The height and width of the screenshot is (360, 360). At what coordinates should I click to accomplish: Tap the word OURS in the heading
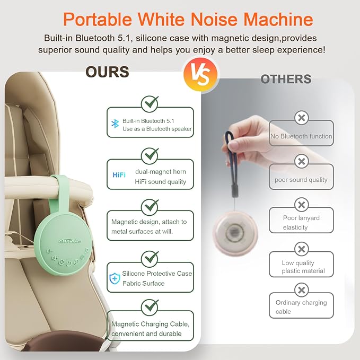[x=107, y=72]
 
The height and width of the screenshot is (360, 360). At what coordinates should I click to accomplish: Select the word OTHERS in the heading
[x=286, y=79]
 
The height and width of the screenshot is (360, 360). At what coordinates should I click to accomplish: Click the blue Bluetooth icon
[x=115, y=124]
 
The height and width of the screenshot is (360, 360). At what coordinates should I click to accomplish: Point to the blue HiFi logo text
[x=119, y=175]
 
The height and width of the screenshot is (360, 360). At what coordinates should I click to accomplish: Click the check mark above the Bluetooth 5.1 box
[x=150, y=102]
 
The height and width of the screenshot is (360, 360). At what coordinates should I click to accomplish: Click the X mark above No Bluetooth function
[x=301, y=118]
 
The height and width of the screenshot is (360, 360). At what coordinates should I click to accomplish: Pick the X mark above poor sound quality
[x=301, y=161]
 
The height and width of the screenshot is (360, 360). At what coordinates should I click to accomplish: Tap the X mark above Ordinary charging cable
[x=301, y=290]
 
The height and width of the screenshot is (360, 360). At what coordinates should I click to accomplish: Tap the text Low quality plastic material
[x=301, y=267]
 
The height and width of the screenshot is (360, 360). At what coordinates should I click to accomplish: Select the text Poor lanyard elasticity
[x=301, y=222]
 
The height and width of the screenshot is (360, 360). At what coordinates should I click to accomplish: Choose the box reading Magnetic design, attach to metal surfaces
[x=150, y=226]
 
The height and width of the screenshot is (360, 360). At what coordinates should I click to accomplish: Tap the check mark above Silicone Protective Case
[x=150, y=259]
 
